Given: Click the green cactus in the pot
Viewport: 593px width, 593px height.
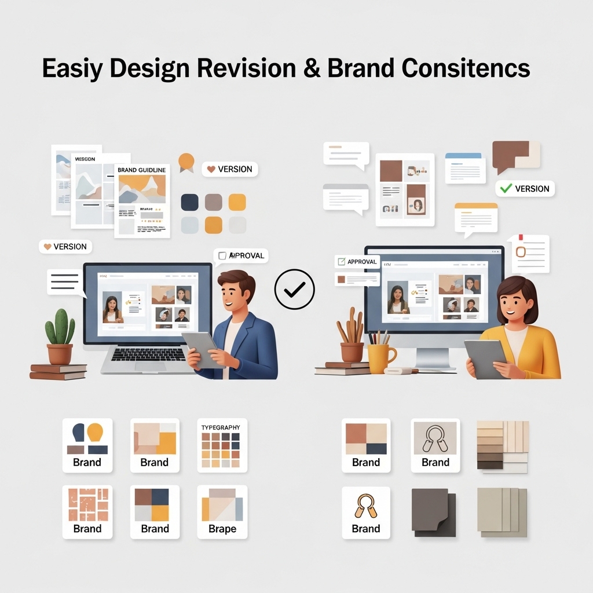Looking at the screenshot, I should (60, 327).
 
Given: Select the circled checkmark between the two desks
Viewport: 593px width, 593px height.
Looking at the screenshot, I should (295, 288).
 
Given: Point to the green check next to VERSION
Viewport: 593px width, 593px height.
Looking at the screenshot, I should (506, 188).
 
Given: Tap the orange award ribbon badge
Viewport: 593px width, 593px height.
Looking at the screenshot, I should (186, 162).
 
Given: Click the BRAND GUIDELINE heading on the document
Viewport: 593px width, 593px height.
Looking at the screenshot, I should (142, 170).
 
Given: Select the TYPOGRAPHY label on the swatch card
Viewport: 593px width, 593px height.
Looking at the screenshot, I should (220, 427).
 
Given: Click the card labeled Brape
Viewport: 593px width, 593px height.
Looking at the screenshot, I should (222, 512).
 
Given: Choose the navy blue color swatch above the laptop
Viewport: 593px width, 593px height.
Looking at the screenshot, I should (190, 202).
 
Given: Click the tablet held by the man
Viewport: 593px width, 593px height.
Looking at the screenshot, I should (202, 348).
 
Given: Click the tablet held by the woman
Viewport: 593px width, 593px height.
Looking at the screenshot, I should (486, 358).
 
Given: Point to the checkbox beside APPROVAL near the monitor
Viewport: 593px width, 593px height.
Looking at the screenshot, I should (342, 262).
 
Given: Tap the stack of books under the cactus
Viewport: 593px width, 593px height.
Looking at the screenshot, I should (57, 371).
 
